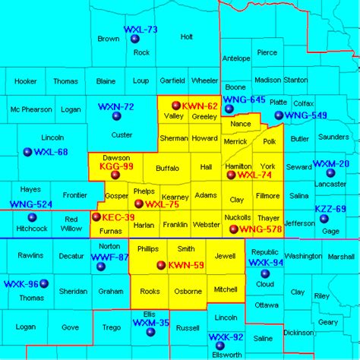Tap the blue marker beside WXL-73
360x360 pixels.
135,39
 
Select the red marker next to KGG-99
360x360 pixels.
115,175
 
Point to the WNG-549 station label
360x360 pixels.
307,115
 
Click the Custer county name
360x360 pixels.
122,135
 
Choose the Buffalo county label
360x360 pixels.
167,168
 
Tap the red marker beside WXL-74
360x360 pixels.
232,175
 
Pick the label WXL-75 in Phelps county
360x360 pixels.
162,204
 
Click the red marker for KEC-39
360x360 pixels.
96,216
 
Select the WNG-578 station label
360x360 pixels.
261,229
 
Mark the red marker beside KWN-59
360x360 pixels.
160,265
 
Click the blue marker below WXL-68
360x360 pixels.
28,152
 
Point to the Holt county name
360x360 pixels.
187,36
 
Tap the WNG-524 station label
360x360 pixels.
31,204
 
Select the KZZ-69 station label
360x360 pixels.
330,209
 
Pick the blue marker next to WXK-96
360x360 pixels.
44,284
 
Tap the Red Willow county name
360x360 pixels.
71,223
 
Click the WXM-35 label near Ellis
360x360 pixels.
151,323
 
